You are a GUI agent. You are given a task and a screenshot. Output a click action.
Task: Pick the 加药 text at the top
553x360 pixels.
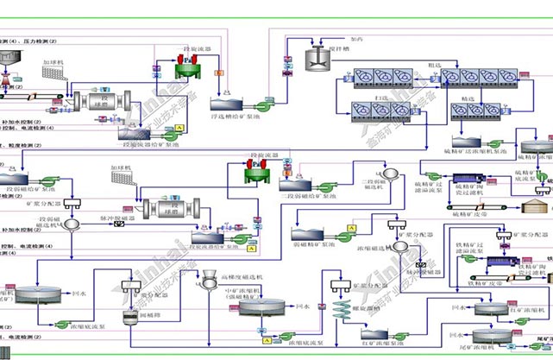tap(356, 40)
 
